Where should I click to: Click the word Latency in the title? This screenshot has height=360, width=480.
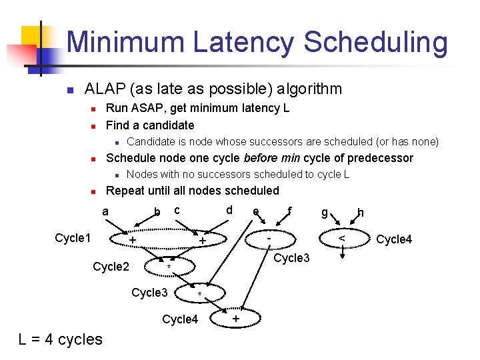coord(243,43)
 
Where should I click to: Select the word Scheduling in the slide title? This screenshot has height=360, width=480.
coord(376,43)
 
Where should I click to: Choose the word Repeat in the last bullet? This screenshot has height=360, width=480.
coord(127,191)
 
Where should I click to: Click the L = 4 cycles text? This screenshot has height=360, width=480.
coord(61,339)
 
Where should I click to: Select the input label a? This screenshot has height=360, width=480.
coord(105,211)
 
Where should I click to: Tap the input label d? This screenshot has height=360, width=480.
coord(229,211)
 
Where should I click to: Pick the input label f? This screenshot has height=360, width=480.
coord(289,211)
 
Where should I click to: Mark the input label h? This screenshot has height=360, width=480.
coord(361,212)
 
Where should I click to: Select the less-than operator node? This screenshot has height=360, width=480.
coord(341,238)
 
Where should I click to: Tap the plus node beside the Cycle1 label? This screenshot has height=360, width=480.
coord(133,240)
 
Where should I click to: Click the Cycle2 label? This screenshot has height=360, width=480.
coord(111,267)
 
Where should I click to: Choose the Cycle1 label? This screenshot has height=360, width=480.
coord(73,239)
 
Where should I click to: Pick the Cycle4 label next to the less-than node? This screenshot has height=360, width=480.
coord(394,239)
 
